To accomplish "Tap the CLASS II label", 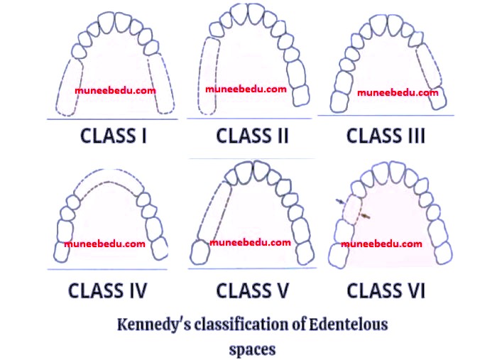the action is (252, 135).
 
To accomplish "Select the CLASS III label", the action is (385, 135).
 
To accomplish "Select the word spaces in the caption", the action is (251, 349).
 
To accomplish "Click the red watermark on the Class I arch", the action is (116, 91).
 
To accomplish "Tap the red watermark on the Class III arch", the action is (398, 92).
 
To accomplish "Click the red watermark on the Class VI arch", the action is (381, 244).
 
